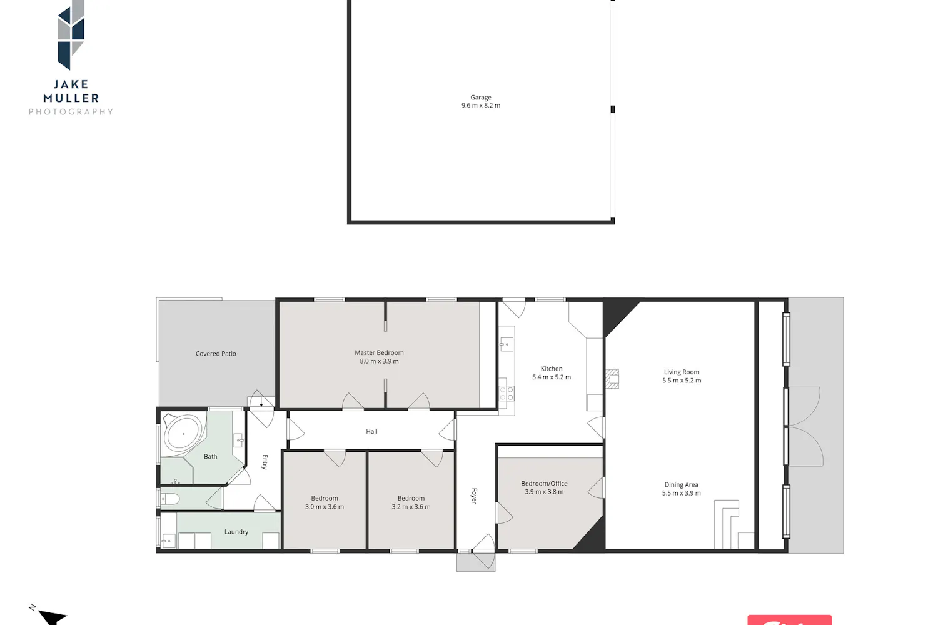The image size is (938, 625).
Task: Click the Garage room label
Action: click(x=480, y=97)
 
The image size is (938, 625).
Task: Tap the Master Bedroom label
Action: click(x=379, y=353)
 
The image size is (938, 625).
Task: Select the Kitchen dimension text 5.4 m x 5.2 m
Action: click(x=551, y=377)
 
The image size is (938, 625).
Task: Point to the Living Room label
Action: click(x=682, y=372)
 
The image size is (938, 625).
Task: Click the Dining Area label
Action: click(x=682, y=485)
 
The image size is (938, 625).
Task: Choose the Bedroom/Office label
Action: click(x=544, y=484)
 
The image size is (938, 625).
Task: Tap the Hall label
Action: click(x=371, y=432)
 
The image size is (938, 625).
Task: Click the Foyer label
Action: click(x=474, y=496)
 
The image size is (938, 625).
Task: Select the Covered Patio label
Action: click(x=216, y=354)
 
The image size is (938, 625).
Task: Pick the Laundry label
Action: click(x=236, y=532)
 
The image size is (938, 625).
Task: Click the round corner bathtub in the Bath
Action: click(x=183, y=434)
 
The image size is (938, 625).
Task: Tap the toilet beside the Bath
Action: click(x=170, y=499)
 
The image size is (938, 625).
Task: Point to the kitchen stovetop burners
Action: click(x=507, y=394)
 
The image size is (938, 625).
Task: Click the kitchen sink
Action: click(x=507, y=344)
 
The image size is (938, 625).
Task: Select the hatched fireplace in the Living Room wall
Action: click(x=612, y=379)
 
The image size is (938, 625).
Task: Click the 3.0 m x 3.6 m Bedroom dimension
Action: click(x=324, y=507)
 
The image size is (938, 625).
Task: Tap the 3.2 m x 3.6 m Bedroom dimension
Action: click(x=411, y=507)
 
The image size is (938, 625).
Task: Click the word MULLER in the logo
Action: click(x=71, y=98)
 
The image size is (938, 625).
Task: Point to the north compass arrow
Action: click(x=51, y=616)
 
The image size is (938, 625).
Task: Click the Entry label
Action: click(x=265, y=462)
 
